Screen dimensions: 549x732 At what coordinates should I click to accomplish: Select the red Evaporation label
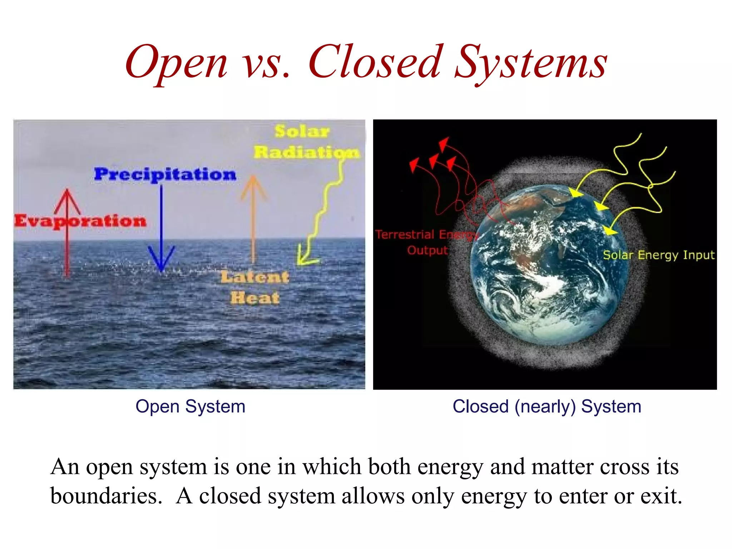click(x=80, y=221)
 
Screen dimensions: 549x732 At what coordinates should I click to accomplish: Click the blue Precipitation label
click(x=165, y=174)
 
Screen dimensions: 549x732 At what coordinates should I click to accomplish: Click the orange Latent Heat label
click(x=255, y=287)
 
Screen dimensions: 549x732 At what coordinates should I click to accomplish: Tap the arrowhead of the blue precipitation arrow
click(x=161, y=261)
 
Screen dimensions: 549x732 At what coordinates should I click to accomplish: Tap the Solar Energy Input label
click(x=658, y=255)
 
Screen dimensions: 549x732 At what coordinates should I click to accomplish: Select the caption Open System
click(x=190, y=406)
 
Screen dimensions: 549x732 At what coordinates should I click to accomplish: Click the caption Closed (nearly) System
click(x=546, y=406)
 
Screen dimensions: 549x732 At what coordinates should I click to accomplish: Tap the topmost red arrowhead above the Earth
click(x=444, y=144)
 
